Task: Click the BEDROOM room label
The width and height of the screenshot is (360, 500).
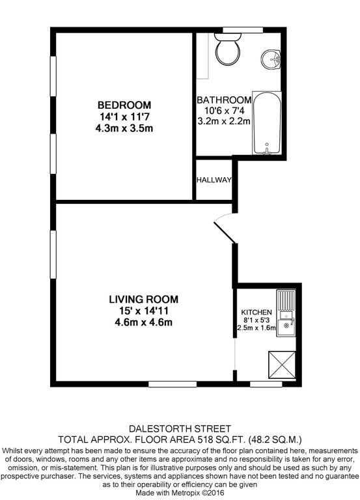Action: point(124,105)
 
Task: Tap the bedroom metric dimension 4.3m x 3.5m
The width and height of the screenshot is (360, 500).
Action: point(124,128)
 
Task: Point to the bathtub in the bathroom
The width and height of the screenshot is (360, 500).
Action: point(267,124)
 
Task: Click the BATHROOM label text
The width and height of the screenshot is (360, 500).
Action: point(224,100)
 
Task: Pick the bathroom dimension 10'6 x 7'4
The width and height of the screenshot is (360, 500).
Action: point(224,111)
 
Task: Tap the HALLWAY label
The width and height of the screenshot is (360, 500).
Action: point(214,180)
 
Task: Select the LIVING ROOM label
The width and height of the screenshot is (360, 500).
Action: point(143,299)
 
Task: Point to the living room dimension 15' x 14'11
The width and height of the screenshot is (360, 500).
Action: point(143,310)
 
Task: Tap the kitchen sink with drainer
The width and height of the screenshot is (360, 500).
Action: point(285,313)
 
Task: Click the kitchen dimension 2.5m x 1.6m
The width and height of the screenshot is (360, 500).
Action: point(256,329)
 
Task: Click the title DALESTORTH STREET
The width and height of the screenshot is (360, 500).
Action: point(180,428)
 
